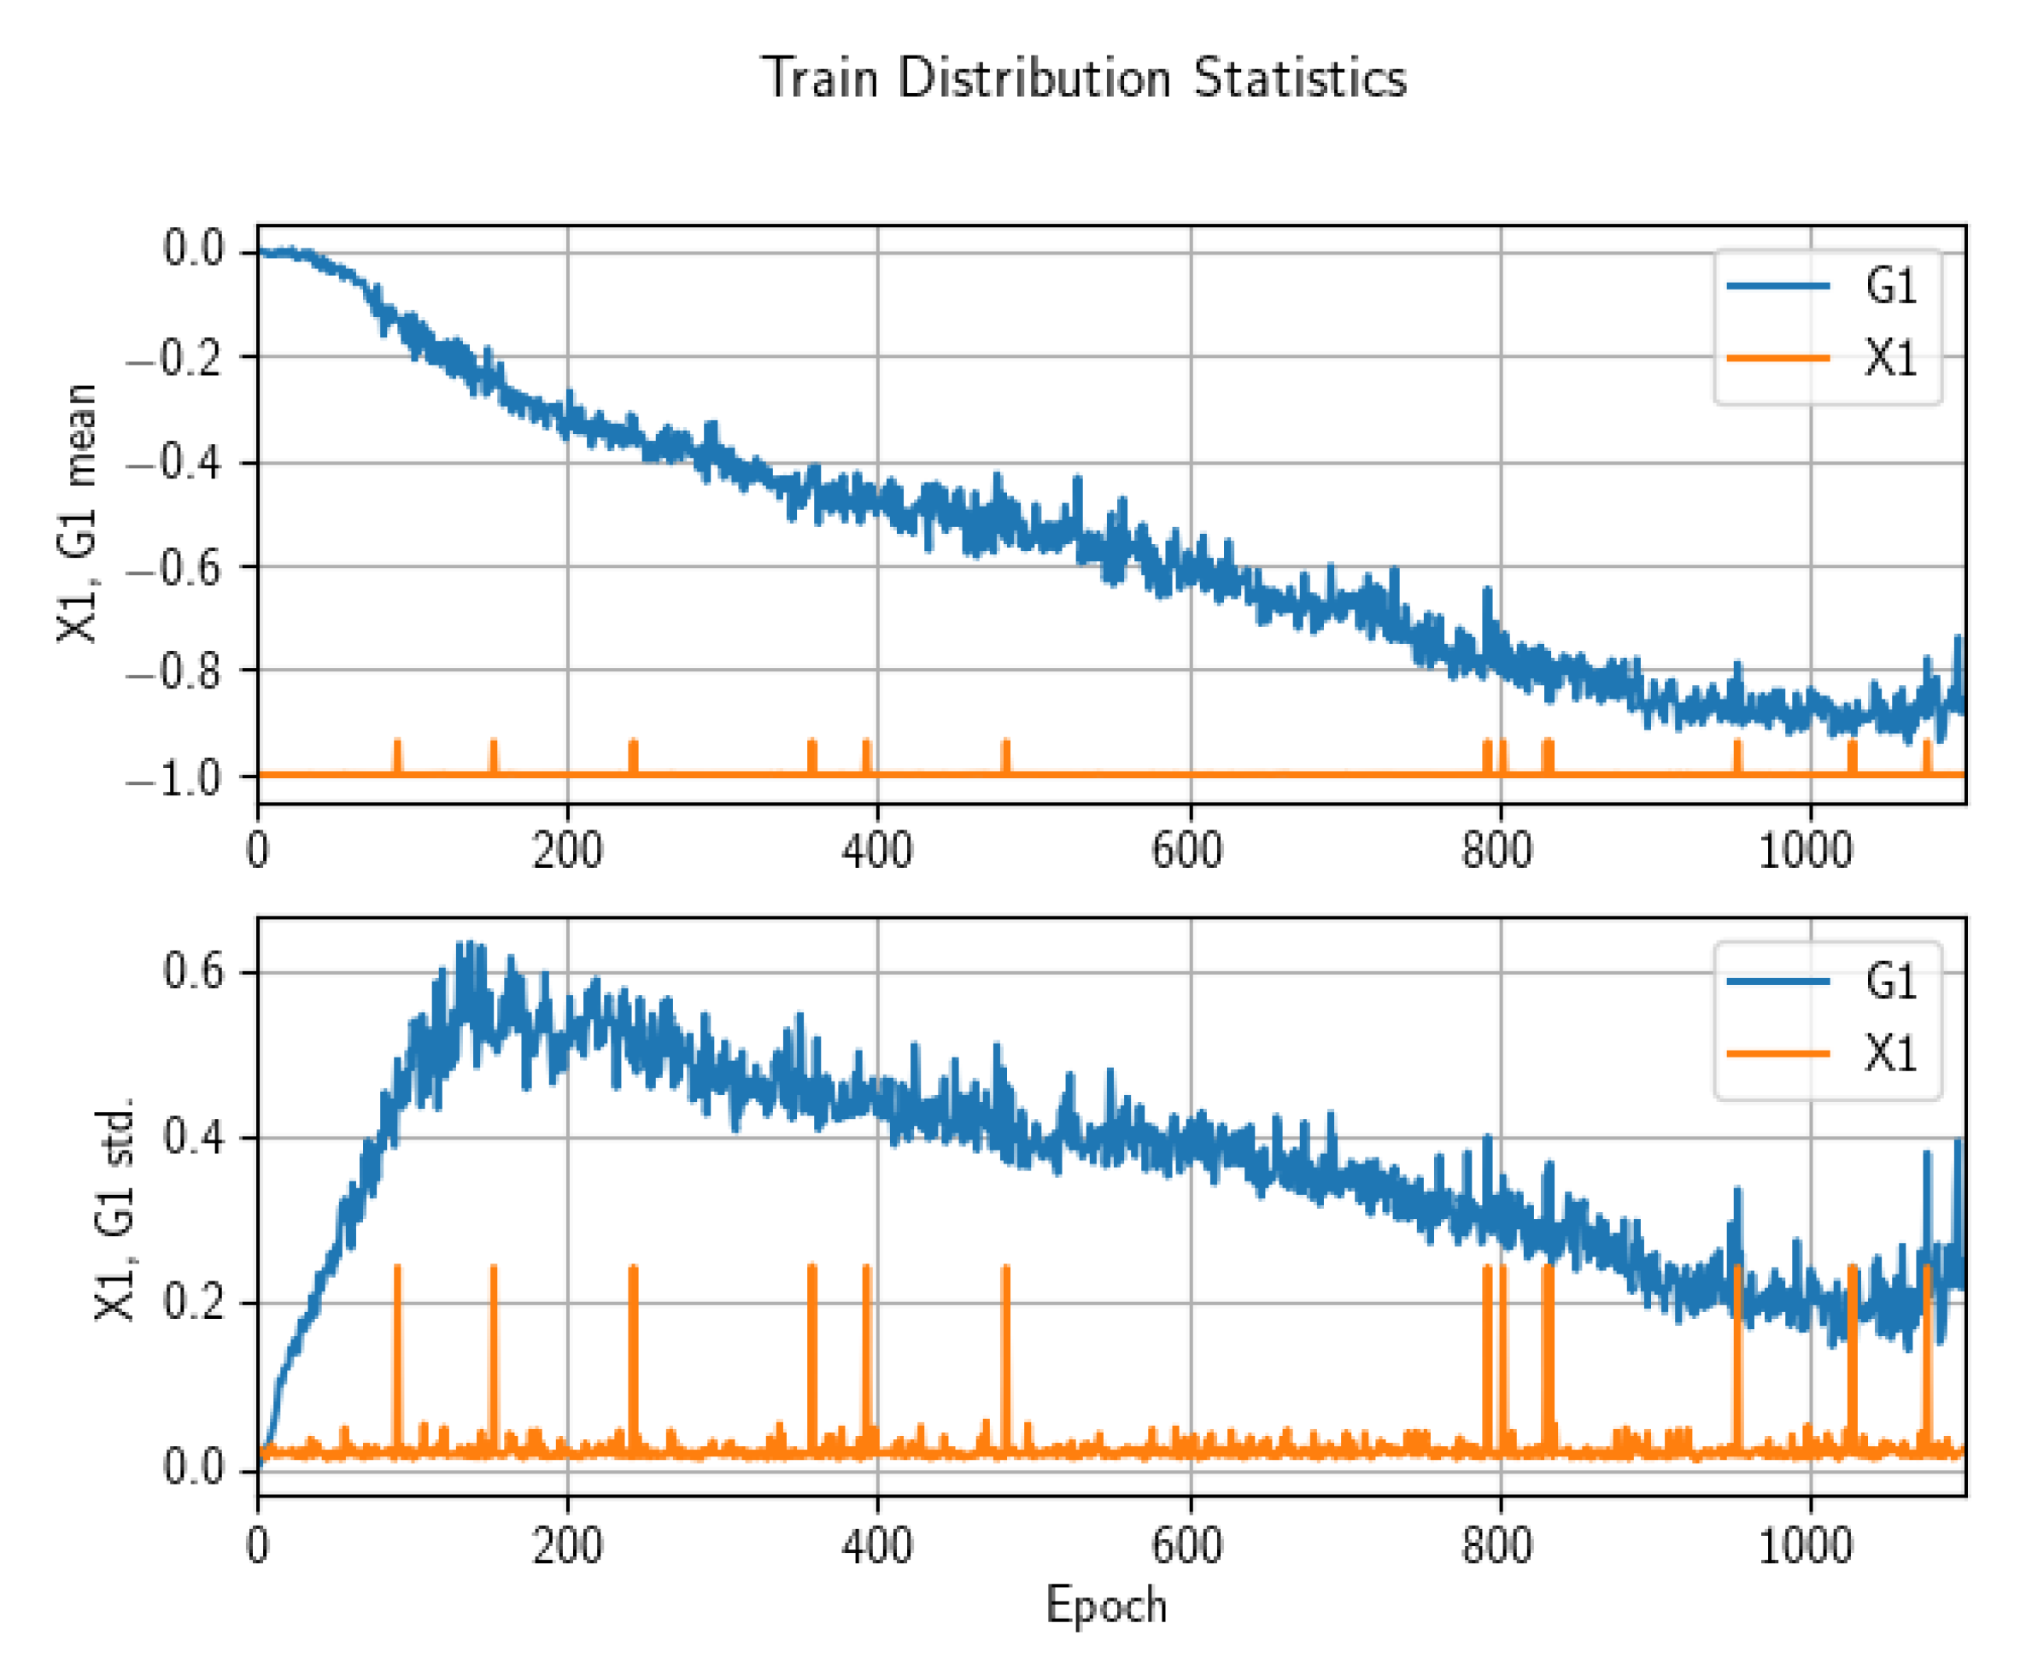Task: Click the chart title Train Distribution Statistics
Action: tap(1084, 78)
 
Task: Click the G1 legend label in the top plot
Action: tap(1889, 285)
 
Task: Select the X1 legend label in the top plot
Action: tap(1889, 358)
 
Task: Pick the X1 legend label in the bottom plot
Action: tap(1889, 1054)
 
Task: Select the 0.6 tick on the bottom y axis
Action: tap(192, 970)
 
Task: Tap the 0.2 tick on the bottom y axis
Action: tap(192, 1303)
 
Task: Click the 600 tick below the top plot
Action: tap(1187, 852)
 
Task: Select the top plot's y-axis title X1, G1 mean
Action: tap(77, 513)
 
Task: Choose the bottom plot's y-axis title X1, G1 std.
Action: tap(114, 1208)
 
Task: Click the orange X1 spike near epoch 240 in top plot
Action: tap(633, 756)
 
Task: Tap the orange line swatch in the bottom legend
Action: tap(1777, 1054)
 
